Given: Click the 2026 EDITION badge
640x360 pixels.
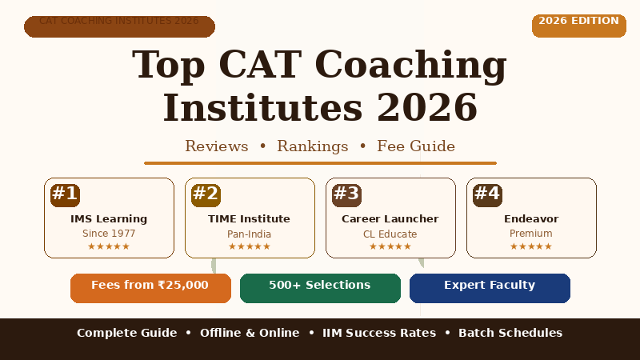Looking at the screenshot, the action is pos(578,26).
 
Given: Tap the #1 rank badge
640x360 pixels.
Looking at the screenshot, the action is pos(65,195).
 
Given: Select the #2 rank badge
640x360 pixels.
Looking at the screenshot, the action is pos(206,195).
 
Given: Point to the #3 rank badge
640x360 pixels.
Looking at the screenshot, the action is pos(346,195).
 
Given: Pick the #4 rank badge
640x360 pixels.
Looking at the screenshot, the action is pos(487,195).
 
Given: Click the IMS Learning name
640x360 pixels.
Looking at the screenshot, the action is pos(109,219).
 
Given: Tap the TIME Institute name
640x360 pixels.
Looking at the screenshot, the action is pos(249,219).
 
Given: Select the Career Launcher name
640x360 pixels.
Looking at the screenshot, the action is pos(390,219).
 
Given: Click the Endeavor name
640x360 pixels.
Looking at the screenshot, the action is pos(531,219).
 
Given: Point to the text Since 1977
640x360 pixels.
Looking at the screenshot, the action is pos(109,234).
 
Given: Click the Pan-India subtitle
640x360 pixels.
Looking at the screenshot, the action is pos(249,234).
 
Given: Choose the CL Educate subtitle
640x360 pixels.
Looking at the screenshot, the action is pos(390,234).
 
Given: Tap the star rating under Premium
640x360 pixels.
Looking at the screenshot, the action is pos(531,246).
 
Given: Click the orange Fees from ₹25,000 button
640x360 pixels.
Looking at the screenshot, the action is pos(150,288).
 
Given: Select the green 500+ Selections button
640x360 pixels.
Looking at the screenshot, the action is pos(320,288).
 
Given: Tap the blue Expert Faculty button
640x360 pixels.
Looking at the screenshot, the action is pos(490,288).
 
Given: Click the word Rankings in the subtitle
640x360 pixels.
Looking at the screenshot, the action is pos(313,146).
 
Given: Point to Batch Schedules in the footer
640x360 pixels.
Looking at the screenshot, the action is pos(510,333).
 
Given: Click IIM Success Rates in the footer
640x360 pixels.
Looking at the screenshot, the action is pos(379,333).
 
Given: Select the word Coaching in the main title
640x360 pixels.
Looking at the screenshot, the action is pos(410,66).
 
